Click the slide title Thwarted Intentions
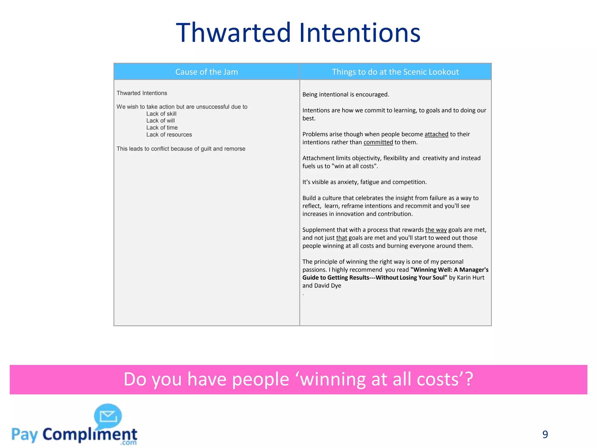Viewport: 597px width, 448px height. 298,33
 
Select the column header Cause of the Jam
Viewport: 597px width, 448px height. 206,72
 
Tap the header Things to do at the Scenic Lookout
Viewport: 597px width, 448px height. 395,72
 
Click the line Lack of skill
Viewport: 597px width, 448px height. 161,114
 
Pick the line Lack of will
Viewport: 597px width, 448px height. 160,121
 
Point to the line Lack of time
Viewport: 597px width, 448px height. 162,128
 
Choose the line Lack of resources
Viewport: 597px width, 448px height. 169,135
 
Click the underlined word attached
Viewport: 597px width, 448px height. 436,134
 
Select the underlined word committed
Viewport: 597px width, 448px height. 378,142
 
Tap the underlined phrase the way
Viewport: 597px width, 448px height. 436,230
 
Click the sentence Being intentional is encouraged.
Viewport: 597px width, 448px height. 346,94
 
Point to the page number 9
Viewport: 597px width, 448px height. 545,434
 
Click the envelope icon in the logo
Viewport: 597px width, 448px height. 108,416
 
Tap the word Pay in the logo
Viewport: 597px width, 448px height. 24,435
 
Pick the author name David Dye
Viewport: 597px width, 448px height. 328,286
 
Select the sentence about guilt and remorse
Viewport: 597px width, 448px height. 181,149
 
